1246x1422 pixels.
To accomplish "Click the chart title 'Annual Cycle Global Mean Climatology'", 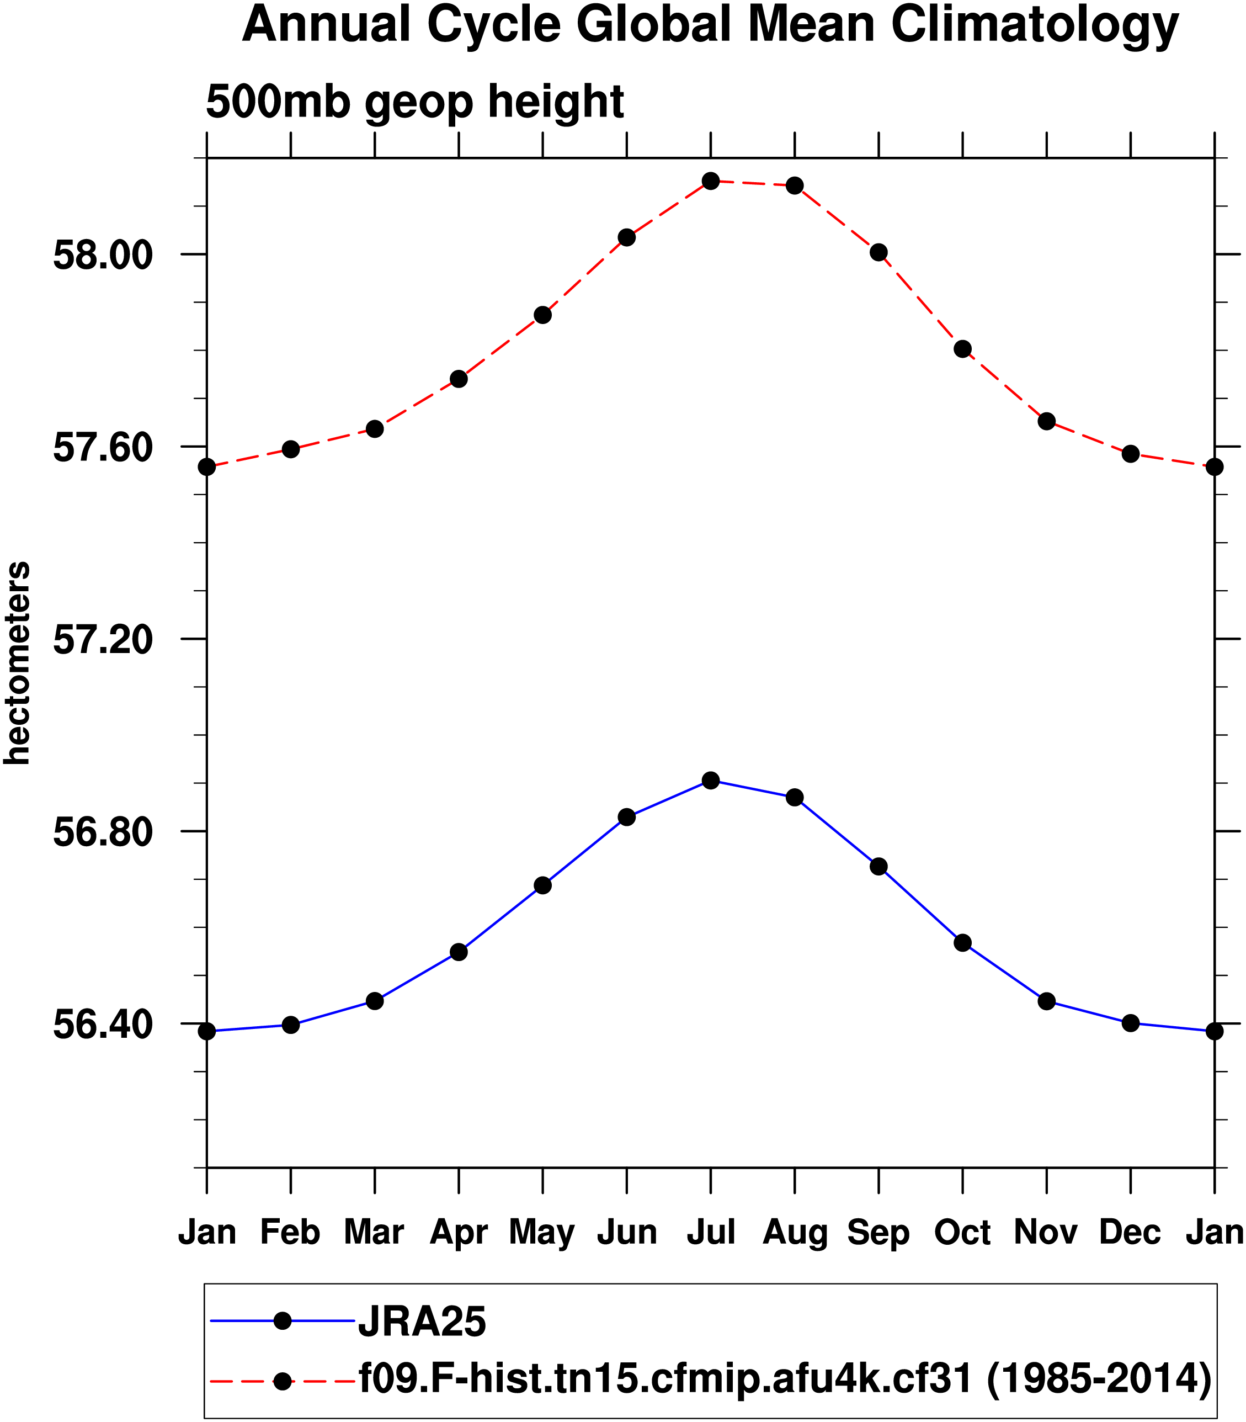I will tap(710, 26).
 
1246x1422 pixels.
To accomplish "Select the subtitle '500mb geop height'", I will tap(415, 102).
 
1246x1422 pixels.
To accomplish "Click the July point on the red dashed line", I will tap(711, 181).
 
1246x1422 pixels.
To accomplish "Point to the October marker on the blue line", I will tap(962, 943).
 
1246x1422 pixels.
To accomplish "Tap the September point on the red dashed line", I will tap(879, 252).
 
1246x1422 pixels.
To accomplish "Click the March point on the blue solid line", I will tap(375, 1001).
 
